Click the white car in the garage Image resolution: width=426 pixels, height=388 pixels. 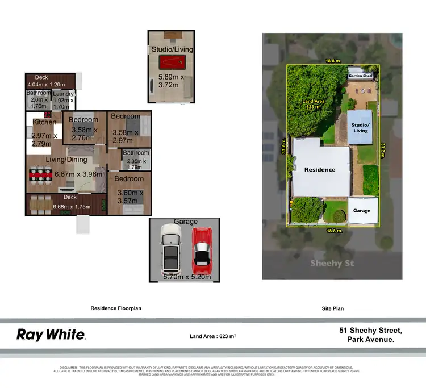(170, 249)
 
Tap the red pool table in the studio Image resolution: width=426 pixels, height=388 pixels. (172, 62)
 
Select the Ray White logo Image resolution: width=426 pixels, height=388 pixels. (51, 335)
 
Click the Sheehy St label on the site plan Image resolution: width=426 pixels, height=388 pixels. (332, 263)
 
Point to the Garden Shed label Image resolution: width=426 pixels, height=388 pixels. (360, 75)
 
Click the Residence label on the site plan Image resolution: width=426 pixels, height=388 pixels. (320, 169)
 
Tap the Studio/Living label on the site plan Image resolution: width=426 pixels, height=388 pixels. (360, 127)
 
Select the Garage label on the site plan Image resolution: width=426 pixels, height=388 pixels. (361, 210)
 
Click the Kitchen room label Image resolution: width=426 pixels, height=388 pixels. (44, 122)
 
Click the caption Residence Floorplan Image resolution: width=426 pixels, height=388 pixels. (116, 308)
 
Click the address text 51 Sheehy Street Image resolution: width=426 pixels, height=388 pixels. (370, 330)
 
